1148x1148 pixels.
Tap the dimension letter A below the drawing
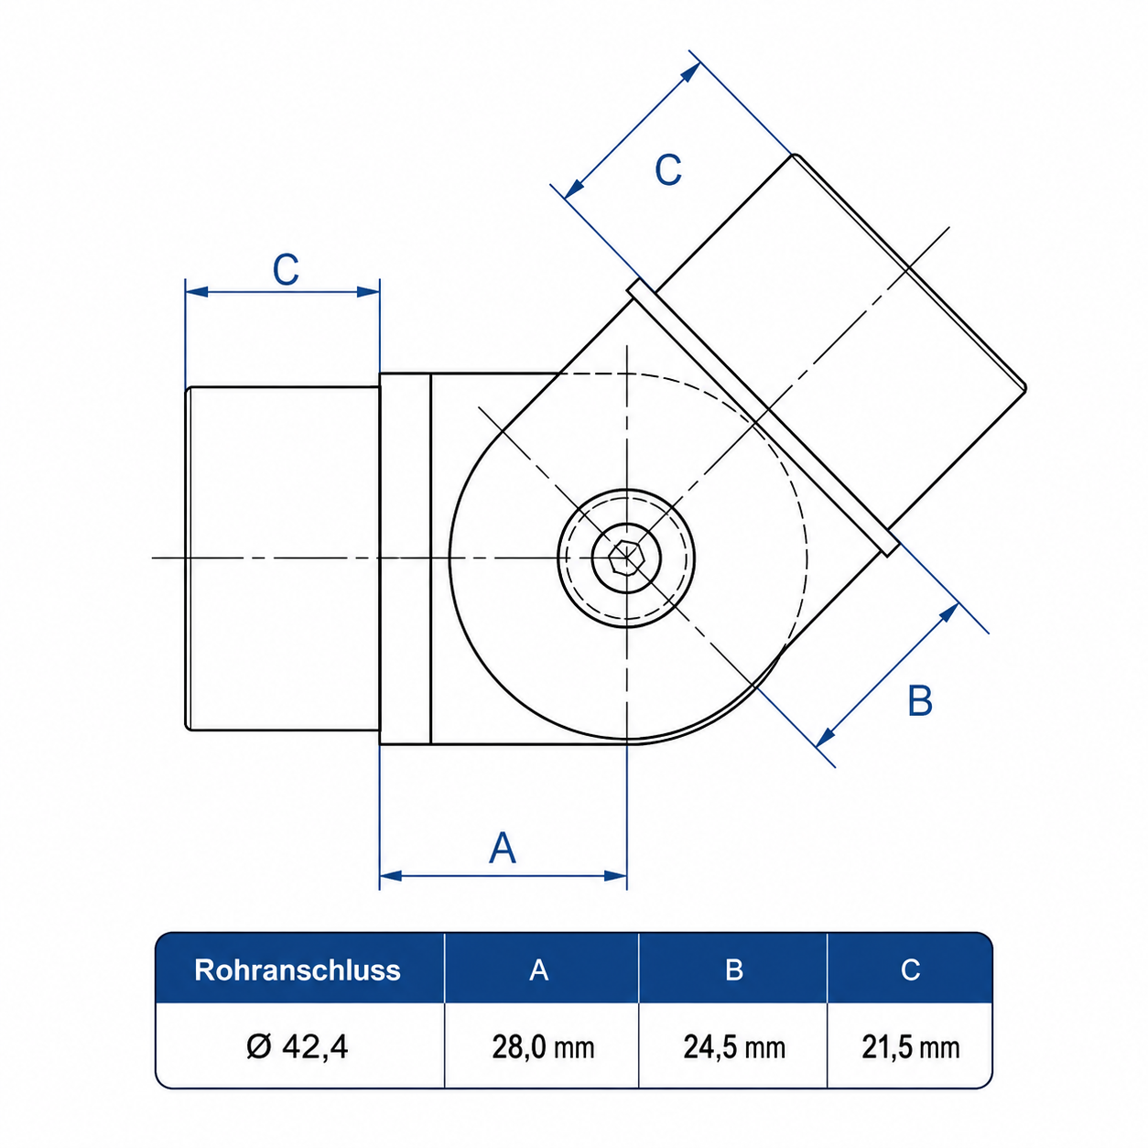(x=503, y=848)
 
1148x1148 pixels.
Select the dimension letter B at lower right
(x=920, y=700)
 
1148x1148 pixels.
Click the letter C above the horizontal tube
(x=286, y=269)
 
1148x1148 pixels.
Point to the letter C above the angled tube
(x=667, y=169)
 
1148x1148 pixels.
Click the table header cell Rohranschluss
(x=298, y=969)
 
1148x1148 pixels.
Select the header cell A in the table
(x=538, y=969)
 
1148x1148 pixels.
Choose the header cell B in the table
(x=734, y=969)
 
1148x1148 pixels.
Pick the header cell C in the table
(x=910, y=969)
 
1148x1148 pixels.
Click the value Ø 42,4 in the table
(x=298, y=1046)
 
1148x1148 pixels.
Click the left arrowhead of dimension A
(x=391, y=876)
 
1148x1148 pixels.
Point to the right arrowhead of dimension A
(x=615, y=876)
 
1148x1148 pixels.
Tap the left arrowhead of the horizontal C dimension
(x=197, y=292)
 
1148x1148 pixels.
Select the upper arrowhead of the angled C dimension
(x=691, y=72)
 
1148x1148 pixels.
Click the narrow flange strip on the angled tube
(x=764, y=417)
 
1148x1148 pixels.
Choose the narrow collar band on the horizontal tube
(x=406, y=558)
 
